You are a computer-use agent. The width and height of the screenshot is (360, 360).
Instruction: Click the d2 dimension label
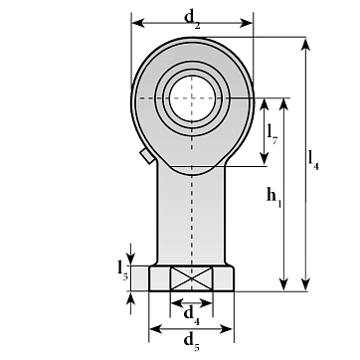193,19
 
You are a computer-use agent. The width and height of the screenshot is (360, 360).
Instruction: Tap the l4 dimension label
313,160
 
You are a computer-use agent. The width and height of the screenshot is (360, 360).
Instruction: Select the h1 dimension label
274,197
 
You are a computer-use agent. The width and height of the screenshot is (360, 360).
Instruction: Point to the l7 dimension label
271,134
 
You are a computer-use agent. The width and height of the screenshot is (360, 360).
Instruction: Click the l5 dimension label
122,270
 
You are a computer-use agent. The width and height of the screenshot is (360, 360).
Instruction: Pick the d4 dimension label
192,315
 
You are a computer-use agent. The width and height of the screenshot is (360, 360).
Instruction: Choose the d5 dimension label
192,341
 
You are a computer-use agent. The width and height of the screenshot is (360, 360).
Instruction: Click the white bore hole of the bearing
192,98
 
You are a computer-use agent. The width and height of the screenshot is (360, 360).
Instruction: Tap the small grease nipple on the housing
147,156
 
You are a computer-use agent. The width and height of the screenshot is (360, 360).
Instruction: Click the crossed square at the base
192,278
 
